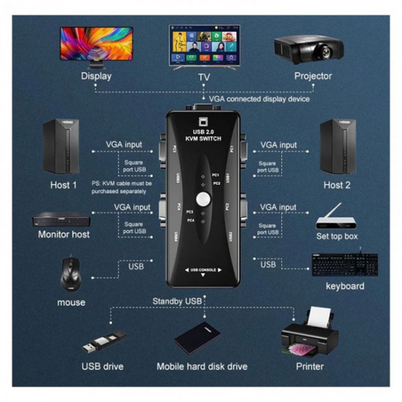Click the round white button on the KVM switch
(203, 199)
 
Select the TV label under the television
(204, 77)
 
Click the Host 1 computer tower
(61, 146)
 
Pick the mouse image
(71, 274)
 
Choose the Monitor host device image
(61, 220)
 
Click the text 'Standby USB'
(177, 301)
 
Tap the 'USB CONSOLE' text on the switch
(203, 270)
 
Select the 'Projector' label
(313, 76)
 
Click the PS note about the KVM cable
(118, 187)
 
